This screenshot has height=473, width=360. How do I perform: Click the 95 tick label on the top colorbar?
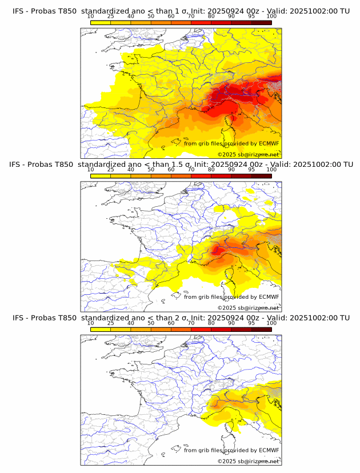click(251, 17)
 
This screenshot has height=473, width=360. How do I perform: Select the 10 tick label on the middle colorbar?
click(91, 170)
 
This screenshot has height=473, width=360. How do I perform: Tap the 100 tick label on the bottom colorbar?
click(271, 323)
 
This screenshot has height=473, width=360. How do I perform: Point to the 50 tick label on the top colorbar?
click(151, 17)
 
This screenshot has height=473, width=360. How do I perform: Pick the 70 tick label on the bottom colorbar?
click(191, 323)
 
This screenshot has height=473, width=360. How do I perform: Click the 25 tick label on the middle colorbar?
click(111, 170)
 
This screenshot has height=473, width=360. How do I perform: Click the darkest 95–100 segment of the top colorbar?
click(261, 22)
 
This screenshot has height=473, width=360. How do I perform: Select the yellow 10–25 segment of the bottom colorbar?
click(101, 329)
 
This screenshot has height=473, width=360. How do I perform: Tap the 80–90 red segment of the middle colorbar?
click(221, 175)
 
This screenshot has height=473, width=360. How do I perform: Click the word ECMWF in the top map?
click(269, 143)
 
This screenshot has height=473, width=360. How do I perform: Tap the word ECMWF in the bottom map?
click(269, 450)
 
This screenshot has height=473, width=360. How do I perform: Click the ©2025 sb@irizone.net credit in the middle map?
click(248, 308)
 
